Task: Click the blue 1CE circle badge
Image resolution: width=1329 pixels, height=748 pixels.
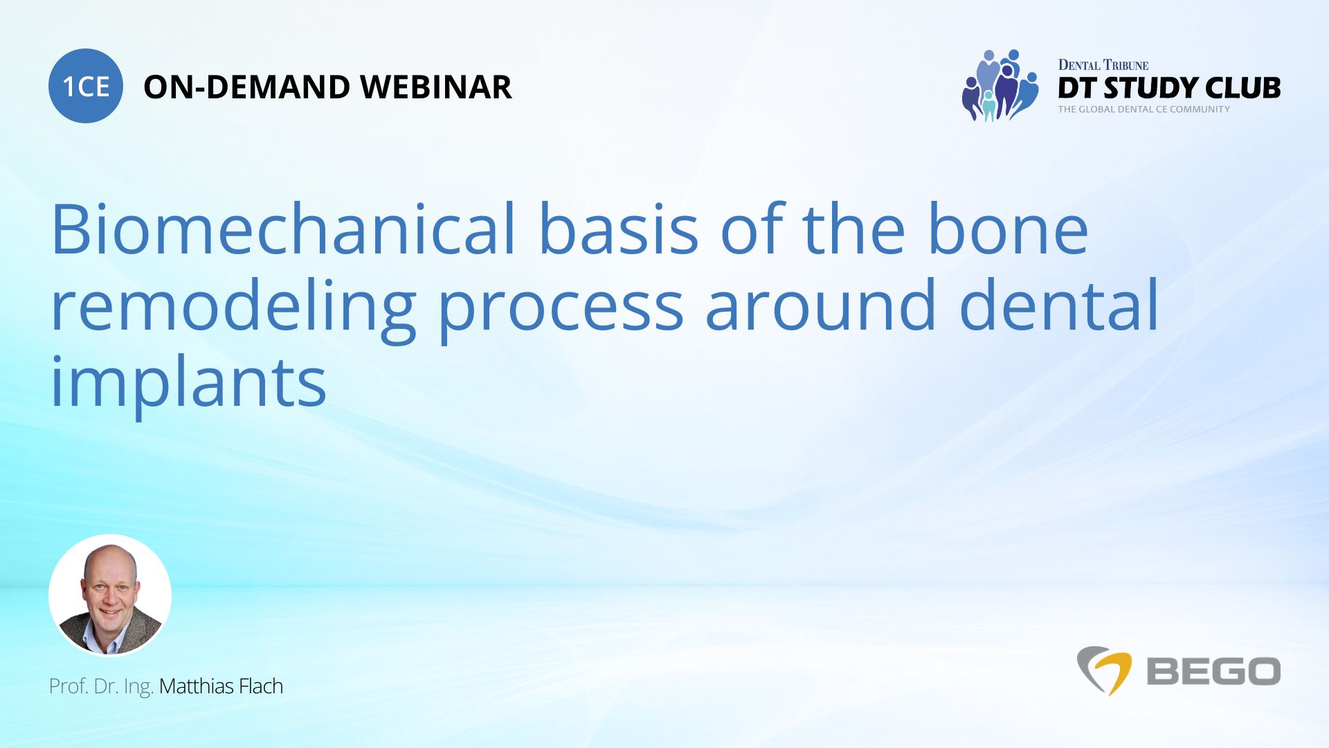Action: [x=86, y=87]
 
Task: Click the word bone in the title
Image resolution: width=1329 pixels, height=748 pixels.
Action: [x=1008, y=229]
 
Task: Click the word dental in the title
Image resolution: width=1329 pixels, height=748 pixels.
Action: [x=1059, y=305]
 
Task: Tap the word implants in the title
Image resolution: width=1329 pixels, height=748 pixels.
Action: [x=188, y=383]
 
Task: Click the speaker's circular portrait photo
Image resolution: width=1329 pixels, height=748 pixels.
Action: [x=110, y=596]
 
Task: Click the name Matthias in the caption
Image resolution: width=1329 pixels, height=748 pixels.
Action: [x=197, y=686]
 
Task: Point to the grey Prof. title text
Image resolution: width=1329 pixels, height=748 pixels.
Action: [x=68, y=686]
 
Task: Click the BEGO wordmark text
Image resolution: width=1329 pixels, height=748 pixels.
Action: [x=1213, y=671]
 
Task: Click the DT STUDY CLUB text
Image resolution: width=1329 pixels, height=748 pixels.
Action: [x=1168, y=89]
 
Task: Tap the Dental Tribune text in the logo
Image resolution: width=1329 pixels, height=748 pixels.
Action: [x=1103, y=65]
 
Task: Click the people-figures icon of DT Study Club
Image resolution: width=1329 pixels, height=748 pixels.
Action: [x=1000, y=86]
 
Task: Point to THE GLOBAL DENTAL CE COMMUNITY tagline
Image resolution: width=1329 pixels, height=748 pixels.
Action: [x=1143, y=109]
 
